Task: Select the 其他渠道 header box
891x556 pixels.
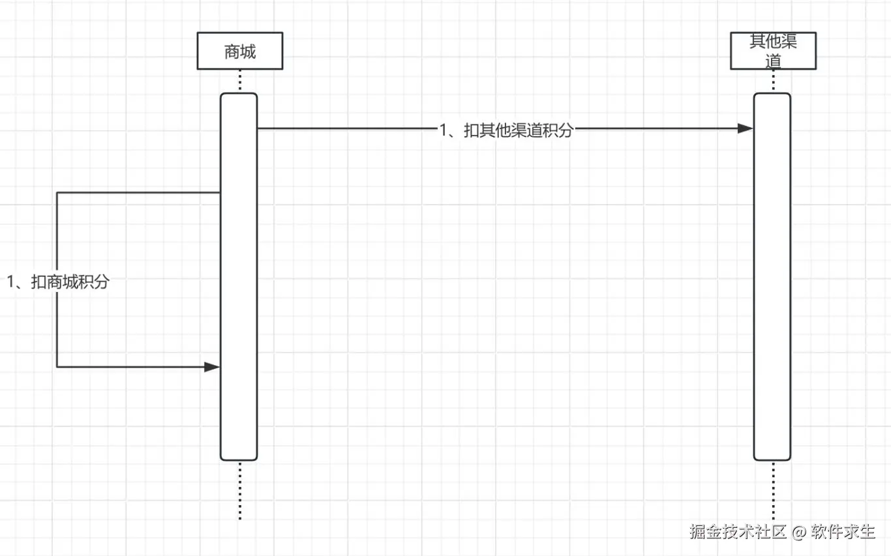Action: (773, 51)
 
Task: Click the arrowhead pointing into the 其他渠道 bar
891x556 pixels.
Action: (746, 128)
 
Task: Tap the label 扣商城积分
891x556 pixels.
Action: (70, 282)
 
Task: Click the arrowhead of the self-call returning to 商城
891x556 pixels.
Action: (212, 367)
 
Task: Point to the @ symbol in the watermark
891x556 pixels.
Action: (800, 533)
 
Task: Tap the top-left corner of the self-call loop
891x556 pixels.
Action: (57, 193)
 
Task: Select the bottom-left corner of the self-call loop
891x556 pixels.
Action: (57, 367)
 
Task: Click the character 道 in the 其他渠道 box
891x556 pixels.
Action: (773, 62)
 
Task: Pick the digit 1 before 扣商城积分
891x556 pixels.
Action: (11, 282)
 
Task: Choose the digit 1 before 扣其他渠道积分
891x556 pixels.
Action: (444, 130)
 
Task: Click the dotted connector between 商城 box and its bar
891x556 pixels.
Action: (240, 81)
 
